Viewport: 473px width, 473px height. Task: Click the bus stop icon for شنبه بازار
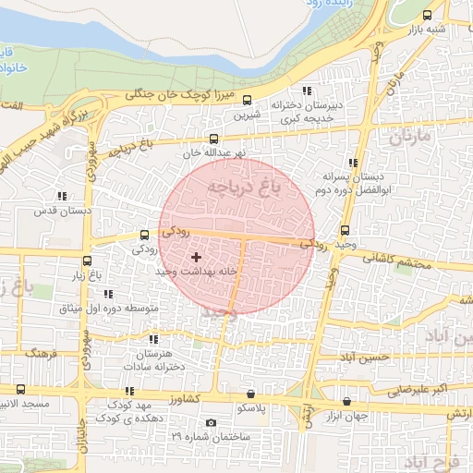(426, 15)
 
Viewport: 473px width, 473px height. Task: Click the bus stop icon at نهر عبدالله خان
(214, 139)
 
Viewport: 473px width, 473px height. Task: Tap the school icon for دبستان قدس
(62, 196)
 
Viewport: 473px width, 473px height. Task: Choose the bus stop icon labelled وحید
(346, 230)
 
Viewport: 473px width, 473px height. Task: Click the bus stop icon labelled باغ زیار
(88, 261)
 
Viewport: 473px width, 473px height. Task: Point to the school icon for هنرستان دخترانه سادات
(153, 339)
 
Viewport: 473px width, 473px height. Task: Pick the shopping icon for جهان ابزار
(346, 401)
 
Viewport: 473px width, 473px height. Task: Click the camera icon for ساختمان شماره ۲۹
(212, 422)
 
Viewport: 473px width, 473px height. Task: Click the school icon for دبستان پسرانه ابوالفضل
(353, 163)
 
